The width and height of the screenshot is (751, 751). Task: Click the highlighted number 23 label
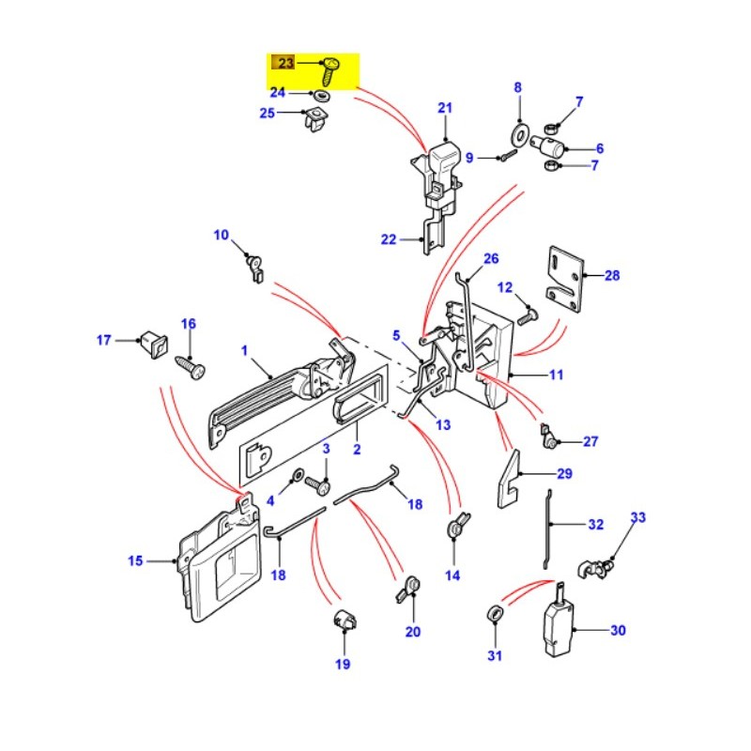click(283, 64)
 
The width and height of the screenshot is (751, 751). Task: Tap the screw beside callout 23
click(329, 70)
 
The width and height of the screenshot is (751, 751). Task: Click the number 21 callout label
click(444, 108)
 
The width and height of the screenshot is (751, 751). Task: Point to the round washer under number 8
click(517, 130)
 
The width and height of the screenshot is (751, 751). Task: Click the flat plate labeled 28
click(565, 277)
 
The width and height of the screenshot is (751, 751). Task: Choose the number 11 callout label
click(556, 375)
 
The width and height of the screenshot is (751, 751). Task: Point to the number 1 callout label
click(244, 351)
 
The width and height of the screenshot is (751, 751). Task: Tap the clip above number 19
click(343, 621)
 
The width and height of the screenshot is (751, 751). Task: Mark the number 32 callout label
click(595, 526)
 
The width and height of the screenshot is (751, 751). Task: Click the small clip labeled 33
click(595, 567)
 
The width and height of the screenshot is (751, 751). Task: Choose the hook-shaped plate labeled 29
click(510, 477)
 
